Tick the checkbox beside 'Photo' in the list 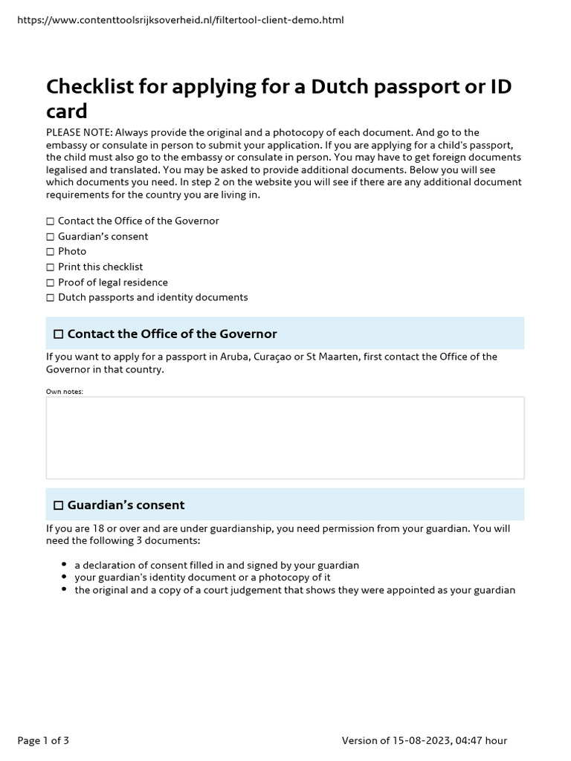point(51,252)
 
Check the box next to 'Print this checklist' point(51,267)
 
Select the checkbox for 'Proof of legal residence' point(51,282)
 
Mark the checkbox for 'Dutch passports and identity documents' point(51,298)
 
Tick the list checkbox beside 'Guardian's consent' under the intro point(51,236)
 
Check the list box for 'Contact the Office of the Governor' point(51,221)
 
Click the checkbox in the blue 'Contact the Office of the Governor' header point(59,334)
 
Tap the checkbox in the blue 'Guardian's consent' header point(59,505)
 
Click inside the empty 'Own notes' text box point(285,438)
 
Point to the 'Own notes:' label point(65,391)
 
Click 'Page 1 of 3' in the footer point(43,740)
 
